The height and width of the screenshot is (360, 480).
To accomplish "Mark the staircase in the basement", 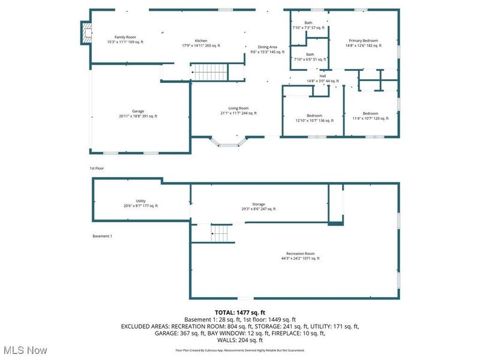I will click(221, 233).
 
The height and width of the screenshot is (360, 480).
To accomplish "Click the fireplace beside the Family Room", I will click(86, 33).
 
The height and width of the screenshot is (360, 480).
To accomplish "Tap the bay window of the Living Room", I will click(229, 142).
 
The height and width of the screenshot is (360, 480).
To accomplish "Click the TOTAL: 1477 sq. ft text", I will click(240, 313).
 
